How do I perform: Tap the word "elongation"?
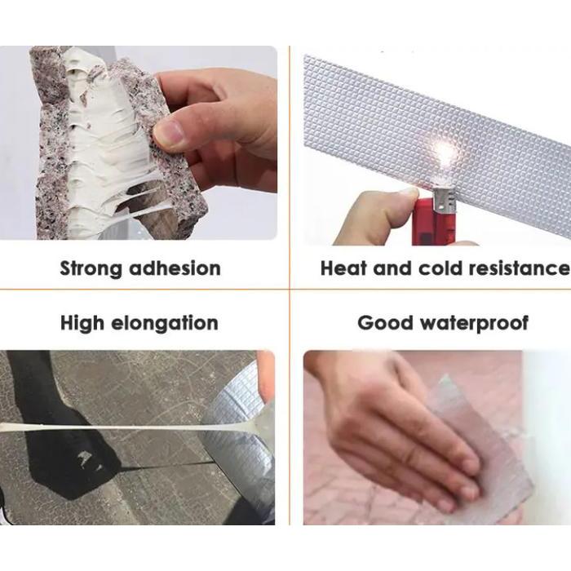[169, 324]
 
